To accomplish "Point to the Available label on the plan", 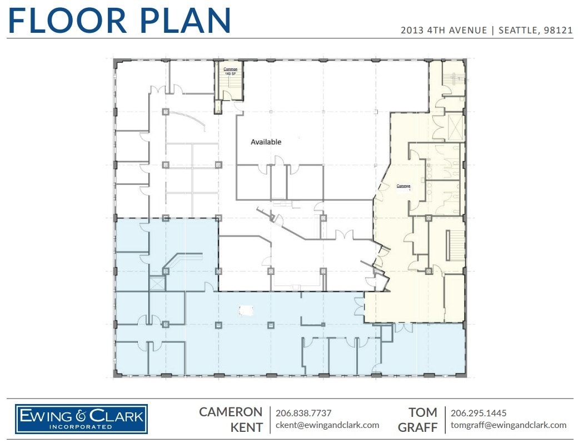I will [x=266, y=142].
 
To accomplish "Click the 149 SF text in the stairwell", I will [x=230, y=73].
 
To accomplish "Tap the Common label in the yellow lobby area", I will [x=403, y=186].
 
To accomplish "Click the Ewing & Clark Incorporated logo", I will [x=81, y=419].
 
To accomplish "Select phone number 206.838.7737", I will [x=303, y=413].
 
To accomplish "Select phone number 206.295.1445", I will [x=479, y=413].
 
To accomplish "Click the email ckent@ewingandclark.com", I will [x=327, y=425].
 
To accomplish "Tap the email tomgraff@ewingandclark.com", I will [x=509, y=425].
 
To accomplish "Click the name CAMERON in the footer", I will [x=231, y=412].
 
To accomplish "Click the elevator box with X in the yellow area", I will [x=455, y=126].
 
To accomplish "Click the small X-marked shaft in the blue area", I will [x=157, y=283].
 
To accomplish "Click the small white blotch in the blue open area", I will [x=245, y=309].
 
